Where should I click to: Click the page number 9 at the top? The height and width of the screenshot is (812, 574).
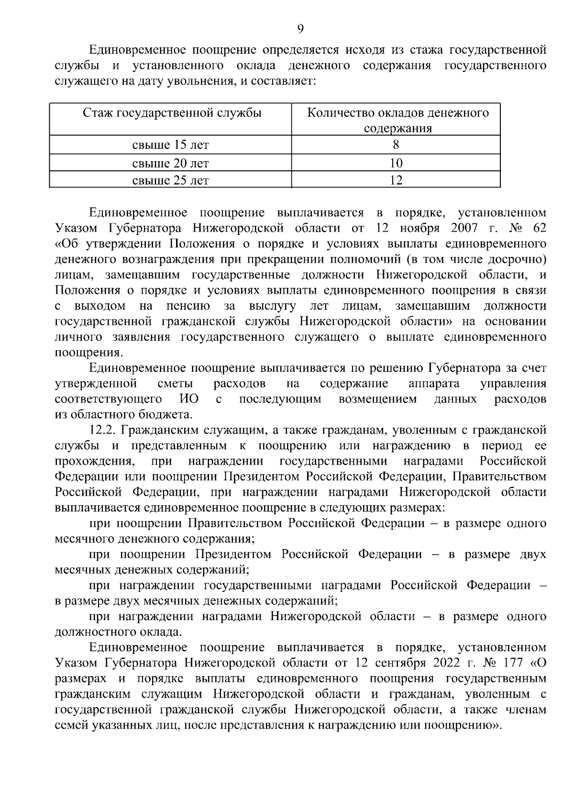[x=300, y=29]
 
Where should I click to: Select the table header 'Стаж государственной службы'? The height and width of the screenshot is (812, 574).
[x=172, y=113]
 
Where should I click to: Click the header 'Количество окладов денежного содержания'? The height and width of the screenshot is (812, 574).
[x=397, y=120]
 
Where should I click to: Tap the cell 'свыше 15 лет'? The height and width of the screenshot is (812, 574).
[x=170, y=145]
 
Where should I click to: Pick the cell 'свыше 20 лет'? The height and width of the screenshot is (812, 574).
[x=170, y=163]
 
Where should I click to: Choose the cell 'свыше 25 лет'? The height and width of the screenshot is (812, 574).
[x=170, y=180]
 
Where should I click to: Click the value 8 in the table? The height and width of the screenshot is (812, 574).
[x=396, y=145]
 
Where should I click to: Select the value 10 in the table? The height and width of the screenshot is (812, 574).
[x=396, y=163]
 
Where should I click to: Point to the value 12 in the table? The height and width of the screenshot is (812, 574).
[x=396, y=180]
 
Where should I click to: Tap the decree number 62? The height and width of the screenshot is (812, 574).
[x=539, y=228]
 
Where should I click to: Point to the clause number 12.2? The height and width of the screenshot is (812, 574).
[x=103, y=430]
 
